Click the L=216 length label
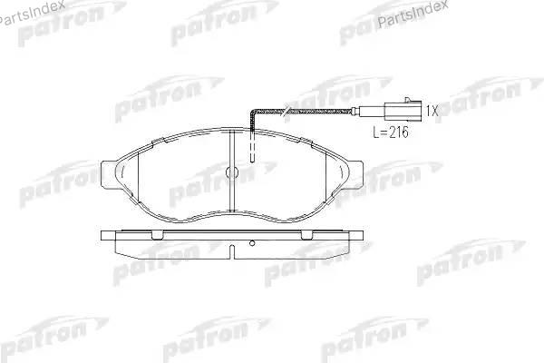[x=391, y=132]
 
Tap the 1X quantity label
[x=432, y=111]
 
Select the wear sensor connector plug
[x=403, y=111]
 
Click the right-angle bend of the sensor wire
[x=253, y=112]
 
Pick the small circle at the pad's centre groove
[x=232, y=172]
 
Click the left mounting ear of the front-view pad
[x=108, y=175]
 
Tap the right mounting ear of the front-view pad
[x=355, y=175]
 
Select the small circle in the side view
[x=252, y=243]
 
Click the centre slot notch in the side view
[x=232, y=252]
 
